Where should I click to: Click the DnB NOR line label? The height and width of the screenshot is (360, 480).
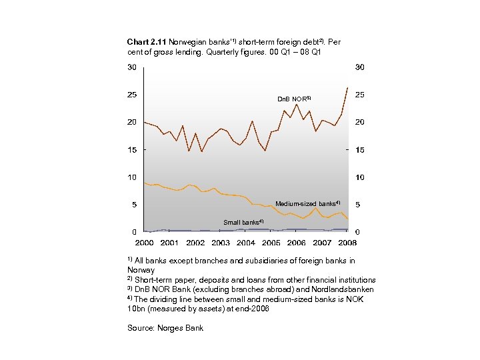(293, 99)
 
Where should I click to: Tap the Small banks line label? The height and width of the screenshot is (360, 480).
(243, 222)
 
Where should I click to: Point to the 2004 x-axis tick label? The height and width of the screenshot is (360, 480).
(246, 243)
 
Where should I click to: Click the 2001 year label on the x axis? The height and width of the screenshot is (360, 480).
(169, 243)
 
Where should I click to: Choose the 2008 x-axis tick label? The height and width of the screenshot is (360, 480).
(348, 243)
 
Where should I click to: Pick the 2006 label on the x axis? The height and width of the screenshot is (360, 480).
(297, 243)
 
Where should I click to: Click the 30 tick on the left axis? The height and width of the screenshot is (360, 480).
(133, 67)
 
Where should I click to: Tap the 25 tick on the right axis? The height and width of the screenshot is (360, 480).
(359, 95)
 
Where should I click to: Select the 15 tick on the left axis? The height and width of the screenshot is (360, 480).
(133, 150)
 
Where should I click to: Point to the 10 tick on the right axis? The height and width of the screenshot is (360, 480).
(359, 177)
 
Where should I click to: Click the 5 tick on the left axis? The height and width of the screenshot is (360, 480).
(135, 205)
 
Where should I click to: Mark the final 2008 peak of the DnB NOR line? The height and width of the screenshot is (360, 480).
(347, 88)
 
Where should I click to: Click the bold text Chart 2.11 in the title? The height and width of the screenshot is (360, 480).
(147, 42)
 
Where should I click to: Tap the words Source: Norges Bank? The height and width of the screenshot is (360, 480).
(165, 327)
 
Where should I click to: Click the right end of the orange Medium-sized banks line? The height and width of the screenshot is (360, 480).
(347, 219)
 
